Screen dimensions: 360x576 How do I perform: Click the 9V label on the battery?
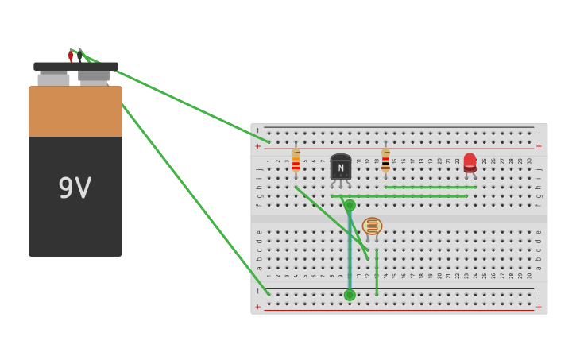tap(75, 188)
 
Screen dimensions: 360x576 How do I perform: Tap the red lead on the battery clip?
tap(71, 55)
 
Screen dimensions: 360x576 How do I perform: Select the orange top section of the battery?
tap(75, 111)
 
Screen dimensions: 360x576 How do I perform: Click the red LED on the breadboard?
tap(470, 162)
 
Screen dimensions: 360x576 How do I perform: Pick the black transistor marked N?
tap(341, 167)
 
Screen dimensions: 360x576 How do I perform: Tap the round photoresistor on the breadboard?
tap(372, 226)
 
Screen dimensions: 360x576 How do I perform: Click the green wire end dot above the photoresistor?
tap(350, 205)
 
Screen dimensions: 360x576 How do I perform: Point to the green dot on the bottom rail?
tap(350, 295)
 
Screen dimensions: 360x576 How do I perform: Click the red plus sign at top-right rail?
tap(539, 146)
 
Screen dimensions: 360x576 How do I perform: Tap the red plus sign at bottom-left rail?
tap(257, 307)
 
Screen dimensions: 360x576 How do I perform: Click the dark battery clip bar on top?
tap(75, 67)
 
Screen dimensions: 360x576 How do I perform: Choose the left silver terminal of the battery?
tap(53, 79)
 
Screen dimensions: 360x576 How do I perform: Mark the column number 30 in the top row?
tap(529, 161)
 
